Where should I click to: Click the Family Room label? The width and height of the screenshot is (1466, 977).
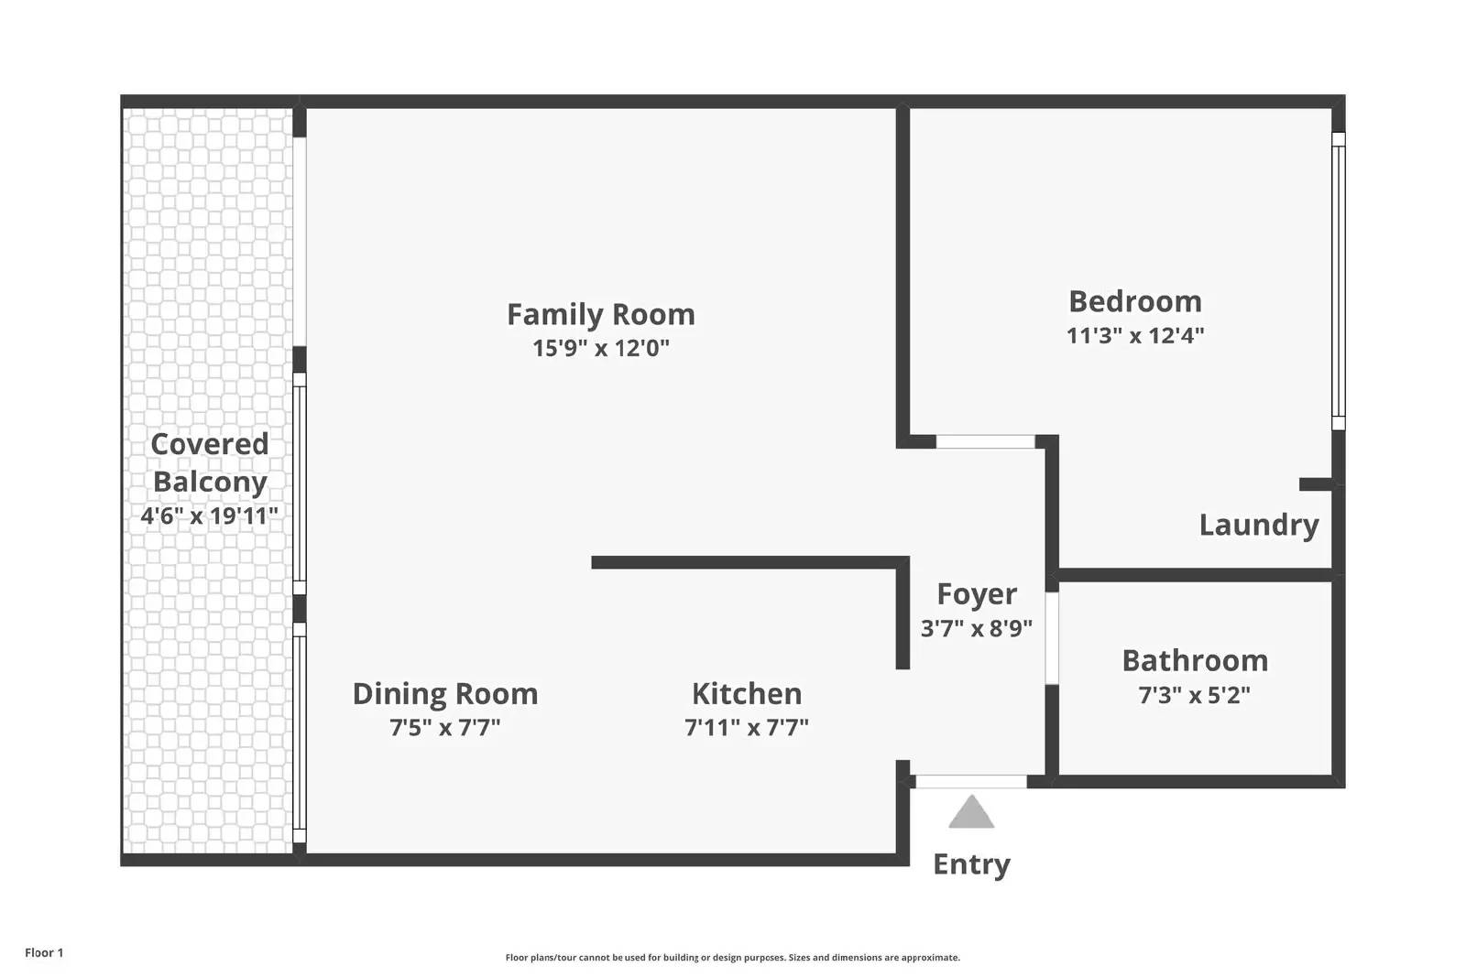[x=601, y=315]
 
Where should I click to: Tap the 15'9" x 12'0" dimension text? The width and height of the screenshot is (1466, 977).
[x=601, y=348]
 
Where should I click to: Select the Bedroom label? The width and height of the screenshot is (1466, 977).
[x=1135, y=301]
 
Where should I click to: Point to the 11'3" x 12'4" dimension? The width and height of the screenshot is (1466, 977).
[x=1135, y=335]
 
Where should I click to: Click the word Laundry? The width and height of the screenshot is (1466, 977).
[x=1259, y=526]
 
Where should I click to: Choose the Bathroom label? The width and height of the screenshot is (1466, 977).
[x=1195, y=660]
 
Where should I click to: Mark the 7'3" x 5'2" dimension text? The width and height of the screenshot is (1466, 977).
[x=1195, y=694]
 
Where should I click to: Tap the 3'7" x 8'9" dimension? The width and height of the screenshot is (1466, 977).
[x=977, y=628]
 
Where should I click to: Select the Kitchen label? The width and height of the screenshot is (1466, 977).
[x=747, y=694]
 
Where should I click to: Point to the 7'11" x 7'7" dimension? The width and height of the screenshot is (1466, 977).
[x=747, y=727]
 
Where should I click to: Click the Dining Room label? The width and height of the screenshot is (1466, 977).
[x=445, y=694]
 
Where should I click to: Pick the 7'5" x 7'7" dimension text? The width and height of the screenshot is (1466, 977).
[x=445, y=727]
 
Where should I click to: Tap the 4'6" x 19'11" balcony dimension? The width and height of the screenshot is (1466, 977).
[x=210, y=516]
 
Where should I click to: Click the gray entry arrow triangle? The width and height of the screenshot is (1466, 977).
[x=971, y=812]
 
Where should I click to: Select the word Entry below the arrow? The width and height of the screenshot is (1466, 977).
[x=971, y=865]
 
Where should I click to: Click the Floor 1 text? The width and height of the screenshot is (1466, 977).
[x=44, y=952]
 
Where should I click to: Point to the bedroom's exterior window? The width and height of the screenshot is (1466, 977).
[x=1339, y=281]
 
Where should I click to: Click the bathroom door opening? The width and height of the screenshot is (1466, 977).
[x=1052, y=638]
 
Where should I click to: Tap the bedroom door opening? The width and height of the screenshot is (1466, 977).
[x=986, y=441]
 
